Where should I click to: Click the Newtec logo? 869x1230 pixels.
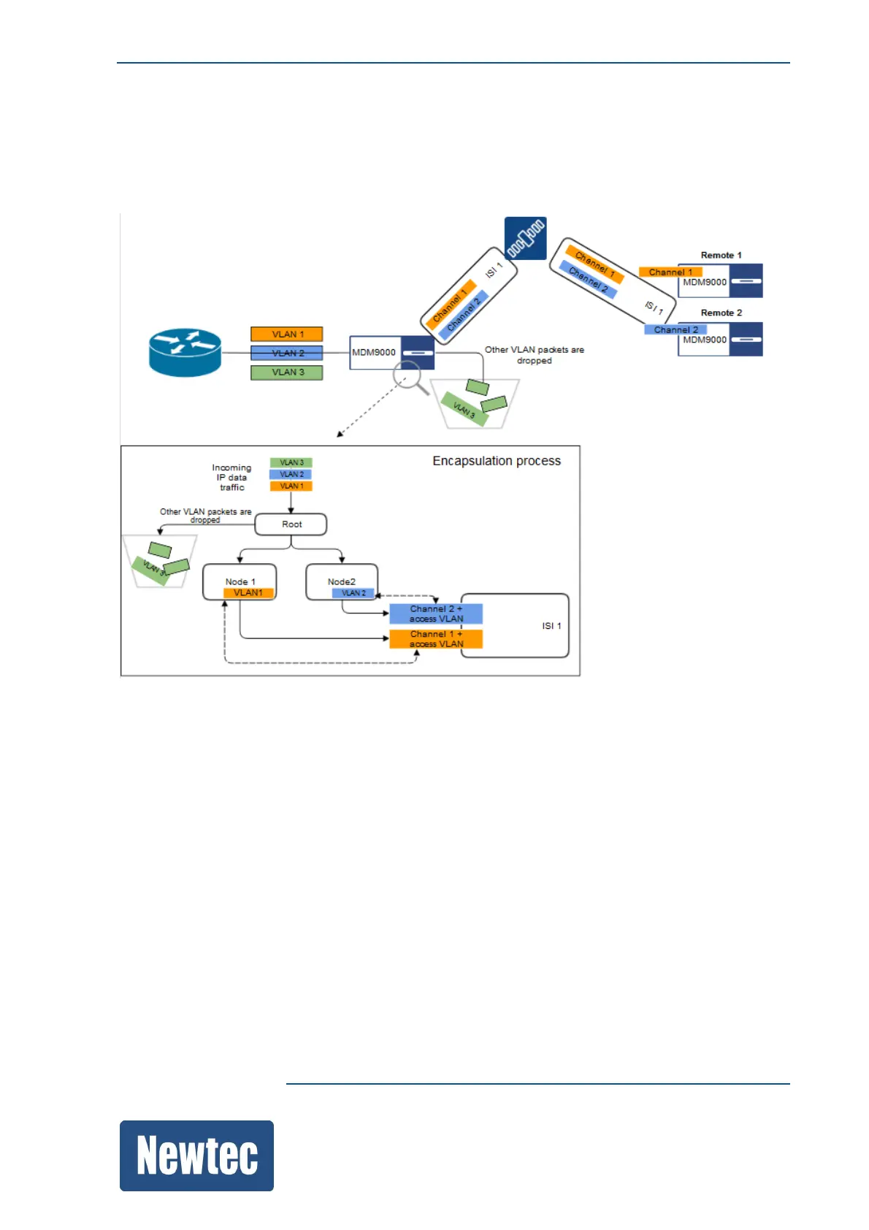point(196,1155)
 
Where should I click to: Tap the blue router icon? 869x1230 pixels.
point(185,352)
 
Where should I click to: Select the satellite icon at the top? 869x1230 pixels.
point(525,238)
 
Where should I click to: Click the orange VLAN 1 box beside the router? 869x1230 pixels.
point(287,335)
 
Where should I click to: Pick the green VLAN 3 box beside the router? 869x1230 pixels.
point(287,373)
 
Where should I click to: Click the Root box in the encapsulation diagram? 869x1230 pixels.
point(291,524)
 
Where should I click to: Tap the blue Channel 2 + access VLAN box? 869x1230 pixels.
point(436,614)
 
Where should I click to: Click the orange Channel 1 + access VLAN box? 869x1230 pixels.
point(436,639)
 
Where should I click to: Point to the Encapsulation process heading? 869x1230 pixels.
point(497,461)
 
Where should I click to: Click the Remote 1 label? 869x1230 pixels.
point(721,255)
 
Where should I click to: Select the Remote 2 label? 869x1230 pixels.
point(721,313)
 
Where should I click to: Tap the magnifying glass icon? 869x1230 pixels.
point(410,378)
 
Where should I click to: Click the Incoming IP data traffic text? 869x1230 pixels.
point(231,477)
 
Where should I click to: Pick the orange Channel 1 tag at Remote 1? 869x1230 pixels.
point(670,272)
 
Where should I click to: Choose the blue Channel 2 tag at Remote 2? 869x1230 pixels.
point(675,330)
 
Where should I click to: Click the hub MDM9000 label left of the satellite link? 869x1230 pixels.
point(374,352)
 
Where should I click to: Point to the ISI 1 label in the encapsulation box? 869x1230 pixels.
point(551,626)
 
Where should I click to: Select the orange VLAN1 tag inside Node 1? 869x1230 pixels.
point(248,593)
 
